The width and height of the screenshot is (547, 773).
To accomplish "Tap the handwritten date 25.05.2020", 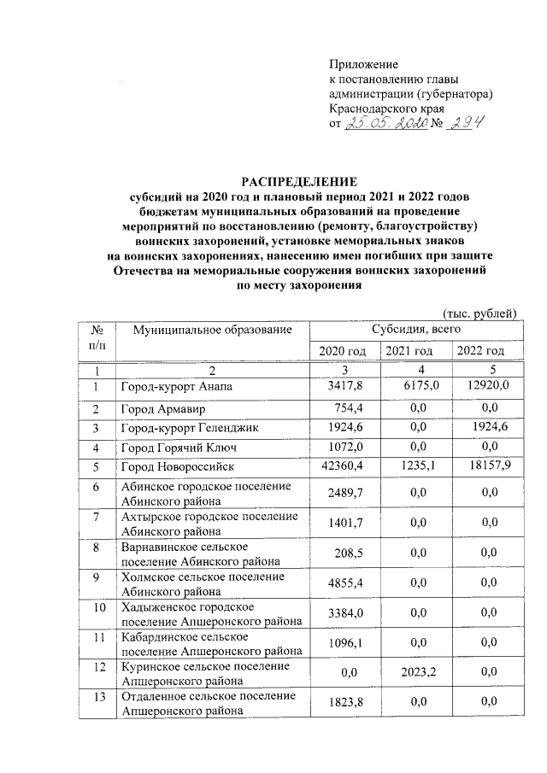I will click(385, 124).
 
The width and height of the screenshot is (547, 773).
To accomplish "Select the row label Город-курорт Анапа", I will click(177, 388).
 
